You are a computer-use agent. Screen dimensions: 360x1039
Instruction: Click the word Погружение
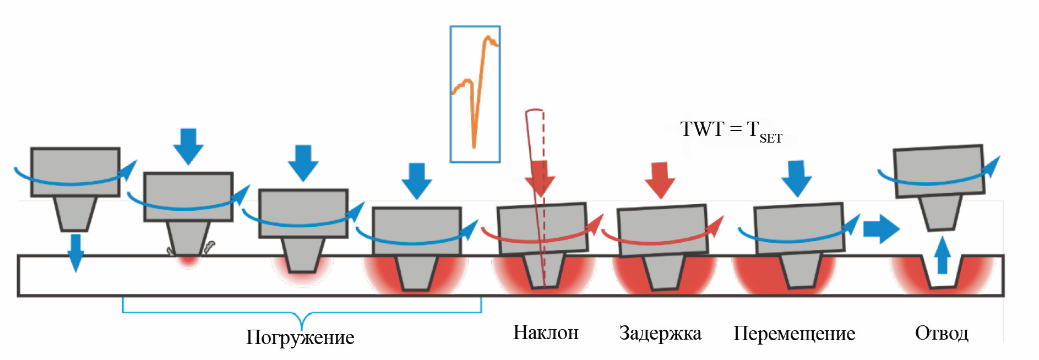point(300,337)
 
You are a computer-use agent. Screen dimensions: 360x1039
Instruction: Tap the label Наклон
point(546,332)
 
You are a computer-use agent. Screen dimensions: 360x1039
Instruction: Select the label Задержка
point(660,333)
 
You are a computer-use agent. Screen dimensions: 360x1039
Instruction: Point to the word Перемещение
point(794,334)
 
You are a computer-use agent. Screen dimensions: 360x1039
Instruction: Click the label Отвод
point(942,333)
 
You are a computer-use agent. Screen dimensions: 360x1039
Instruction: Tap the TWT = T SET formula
point(730,130)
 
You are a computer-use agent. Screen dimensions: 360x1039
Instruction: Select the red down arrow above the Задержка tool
point(660,179)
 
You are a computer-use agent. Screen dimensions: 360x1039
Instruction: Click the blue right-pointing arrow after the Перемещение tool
point(880,228)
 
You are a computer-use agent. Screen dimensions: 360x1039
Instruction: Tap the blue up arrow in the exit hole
point(943,255)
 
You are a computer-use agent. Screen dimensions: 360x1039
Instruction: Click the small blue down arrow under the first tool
point(75,252)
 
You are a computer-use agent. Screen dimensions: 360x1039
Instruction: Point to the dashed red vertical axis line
point(543,165)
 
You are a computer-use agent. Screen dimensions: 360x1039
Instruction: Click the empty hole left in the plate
point(943,278)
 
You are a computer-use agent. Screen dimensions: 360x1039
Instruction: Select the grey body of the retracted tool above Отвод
point(938,171)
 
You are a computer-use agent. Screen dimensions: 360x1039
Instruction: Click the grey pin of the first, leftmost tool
point(75,213)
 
